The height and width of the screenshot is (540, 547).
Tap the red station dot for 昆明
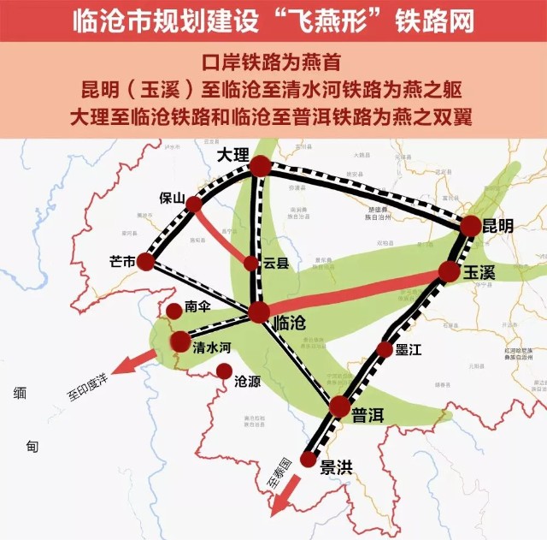tap(471, 226)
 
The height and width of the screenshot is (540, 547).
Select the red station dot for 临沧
tap(258, 313)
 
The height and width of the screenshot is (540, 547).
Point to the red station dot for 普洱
tap(340, 407)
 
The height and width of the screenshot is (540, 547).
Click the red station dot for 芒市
tap(145, 261)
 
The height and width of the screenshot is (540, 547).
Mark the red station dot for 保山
tap(195, 204)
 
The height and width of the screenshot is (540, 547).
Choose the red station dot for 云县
tap(250, 264)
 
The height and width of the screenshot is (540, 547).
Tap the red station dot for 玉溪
tap(450, 272)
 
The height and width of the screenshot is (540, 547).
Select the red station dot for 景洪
tap(308, 460)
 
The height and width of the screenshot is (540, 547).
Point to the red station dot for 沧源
tap(224, 371)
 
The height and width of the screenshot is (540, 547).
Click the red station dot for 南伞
tap(174, 310)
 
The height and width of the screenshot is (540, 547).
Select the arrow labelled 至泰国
tap(281, 495)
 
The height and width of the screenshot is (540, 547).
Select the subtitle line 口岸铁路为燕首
tap(273, 65)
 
